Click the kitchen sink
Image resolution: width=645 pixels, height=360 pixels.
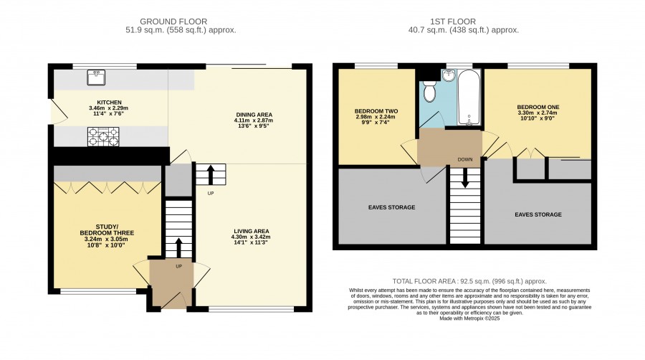point(96,77)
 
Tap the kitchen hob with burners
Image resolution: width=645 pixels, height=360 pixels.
point(103,136)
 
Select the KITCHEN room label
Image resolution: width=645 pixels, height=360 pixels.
point(109,103)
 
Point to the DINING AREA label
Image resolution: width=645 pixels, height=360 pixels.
point(254,115)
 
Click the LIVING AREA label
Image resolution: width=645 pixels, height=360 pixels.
point(252,231)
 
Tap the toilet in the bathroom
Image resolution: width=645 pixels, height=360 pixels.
point(429,91)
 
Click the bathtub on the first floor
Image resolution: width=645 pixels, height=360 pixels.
point(469,98)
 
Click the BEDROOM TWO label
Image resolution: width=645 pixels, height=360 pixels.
point(376,111)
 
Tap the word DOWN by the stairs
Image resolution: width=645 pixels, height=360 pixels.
point(465,160)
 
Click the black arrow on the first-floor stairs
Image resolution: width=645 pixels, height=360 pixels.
point(465,178)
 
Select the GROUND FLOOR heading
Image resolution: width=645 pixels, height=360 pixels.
point(173,22)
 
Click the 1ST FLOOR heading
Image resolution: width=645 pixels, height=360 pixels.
point(453,22)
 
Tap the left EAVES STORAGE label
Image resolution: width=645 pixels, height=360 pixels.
point(391,207)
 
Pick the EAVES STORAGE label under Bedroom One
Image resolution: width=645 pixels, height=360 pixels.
point(538,214)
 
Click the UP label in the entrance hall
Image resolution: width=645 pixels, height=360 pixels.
point(179,267)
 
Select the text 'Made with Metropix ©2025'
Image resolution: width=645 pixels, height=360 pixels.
point(469,318)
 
